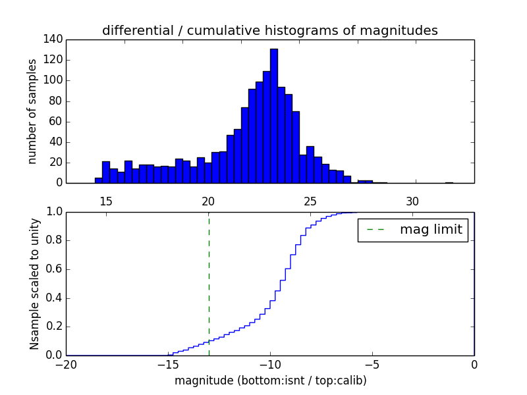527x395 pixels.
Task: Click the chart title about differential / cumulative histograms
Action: (x=270, y=31)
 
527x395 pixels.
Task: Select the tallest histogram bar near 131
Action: (x=273, y=115)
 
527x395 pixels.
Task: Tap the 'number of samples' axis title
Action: (x=32, y=112)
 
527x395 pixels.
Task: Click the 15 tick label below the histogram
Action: (x=106, y=201)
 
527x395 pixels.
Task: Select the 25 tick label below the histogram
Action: (x=310, y=201)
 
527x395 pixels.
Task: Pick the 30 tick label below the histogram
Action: (x=412, y=201)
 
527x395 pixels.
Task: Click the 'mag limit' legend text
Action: (x=431, y=230)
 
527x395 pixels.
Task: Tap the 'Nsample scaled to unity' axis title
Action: (x=34, y=284)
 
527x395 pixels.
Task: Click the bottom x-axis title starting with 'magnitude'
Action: (x=270, y=381)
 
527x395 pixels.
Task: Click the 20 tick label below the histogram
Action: (x=208, y=201)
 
